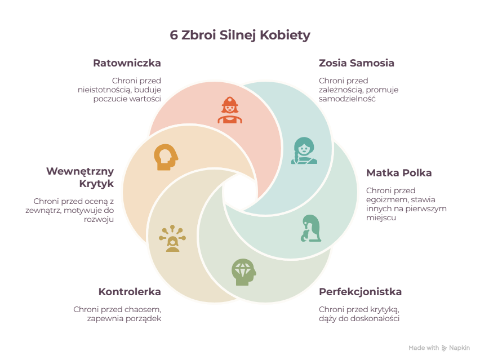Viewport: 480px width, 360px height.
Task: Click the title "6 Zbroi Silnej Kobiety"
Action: click(x=240, y=35)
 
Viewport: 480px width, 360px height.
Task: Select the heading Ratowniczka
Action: click(x=127, y=63)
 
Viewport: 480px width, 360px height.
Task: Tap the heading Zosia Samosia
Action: click(x=356, y=63)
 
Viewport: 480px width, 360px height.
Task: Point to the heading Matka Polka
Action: click(x=399, y=173)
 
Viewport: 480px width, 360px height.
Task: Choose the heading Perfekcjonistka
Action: click(x=361, y=292)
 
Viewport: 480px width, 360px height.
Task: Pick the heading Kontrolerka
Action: click(x=130, y=292)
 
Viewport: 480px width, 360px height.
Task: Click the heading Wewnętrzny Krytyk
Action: click(x=80, y=177)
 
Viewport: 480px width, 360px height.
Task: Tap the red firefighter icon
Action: click(x=230, y=110)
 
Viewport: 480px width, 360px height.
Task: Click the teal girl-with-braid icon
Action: click(x=304, y=150)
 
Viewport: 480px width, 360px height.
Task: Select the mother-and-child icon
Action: click(x=311, y=228)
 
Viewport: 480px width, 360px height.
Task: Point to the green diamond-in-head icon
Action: click(x=244, y=272)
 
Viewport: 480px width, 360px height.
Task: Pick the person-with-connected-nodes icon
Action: click(x=172, y=238)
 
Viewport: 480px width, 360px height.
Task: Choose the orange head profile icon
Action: click(x=166, y=157)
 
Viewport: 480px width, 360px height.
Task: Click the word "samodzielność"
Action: click(x=347, y=99)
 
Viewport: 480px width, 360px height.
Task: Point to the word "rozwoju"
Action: click(x=99, y=220)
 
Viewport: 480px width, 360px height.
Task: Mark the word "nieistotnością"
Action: click(x=104, y=90)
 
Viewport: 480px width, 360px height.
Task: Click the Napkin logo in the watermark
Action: click(x=444, y=348)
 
